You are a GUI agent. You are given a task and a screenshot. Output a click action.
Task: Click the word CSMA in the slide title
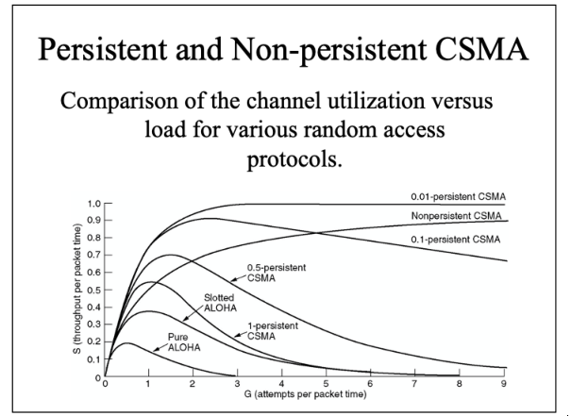click(x=481, y=49)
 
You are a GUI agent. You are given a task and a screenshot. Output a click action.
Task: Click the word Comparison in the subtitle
click(x=119, y=101)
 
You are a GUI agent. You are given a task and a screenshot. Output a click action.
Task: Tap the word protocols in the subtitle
click(x=294, y=159)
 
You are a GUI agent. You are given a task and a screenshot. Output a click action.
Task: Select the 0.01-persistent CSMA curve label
click(x=458, y=196)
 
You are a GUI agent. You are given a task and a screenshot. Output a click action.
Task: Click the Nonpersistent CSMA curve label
click(x=456, y=216)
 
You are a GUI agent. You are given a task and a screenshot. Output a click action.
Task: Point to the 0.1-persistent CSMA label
click(x=456, y=240)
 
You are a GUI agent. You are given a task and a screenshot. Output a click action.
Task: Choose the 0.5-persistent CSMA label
click(x=277, y=273)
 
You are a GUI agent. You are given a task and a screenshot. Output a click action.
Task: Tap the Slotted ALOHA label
click(x=220, y=303)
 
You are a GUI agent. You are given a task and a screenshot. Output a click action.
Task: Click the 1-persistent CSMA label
click(x=273, y=331)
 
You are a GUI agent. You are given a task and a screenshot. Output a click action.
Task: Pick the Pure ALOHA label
click(x=184, y=342)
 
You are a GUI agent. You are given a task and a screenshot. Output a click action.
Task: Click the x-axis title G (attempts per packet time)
click(x=305, y=394)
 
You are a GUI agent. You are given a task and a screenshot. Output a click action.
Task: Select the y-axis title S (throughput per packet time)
click(x=76, y=289)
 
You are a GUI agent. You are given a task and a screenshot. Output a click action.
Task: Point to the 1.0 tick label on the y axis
click(x=94, y=204)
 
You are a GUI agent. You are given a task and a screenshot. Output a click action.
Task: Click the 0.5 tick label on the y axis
click(x=94, y=291)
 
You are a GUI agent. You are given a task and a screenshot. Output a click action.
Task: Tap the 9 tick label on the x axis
click(x=504, y=384)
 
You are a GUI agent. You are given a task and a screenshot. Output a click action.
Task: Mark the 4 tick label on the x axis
click(x=281, y=384)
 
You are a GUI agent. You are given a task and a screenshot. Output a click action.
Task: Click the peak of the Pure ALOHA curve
click(x=127, y=342)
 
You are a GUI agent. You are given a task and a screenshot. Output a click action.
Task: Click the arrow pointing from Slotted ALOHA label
click(x=193, y=313)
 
